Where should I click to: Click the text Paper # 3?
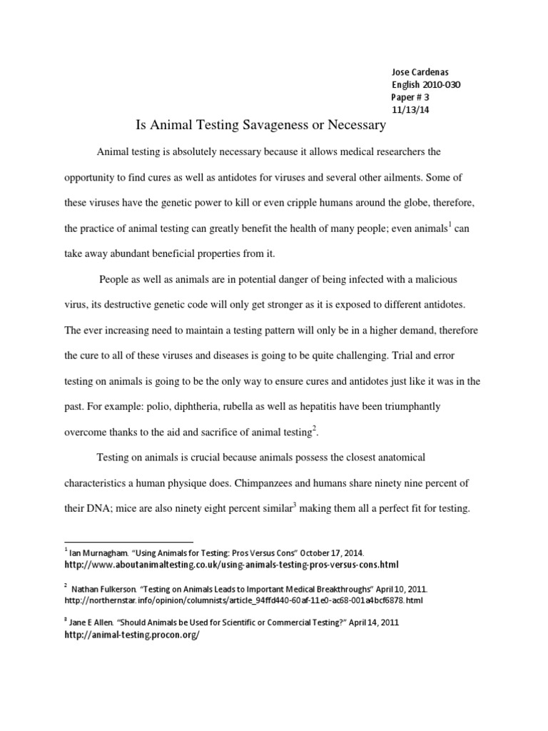tap(411, 98)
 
